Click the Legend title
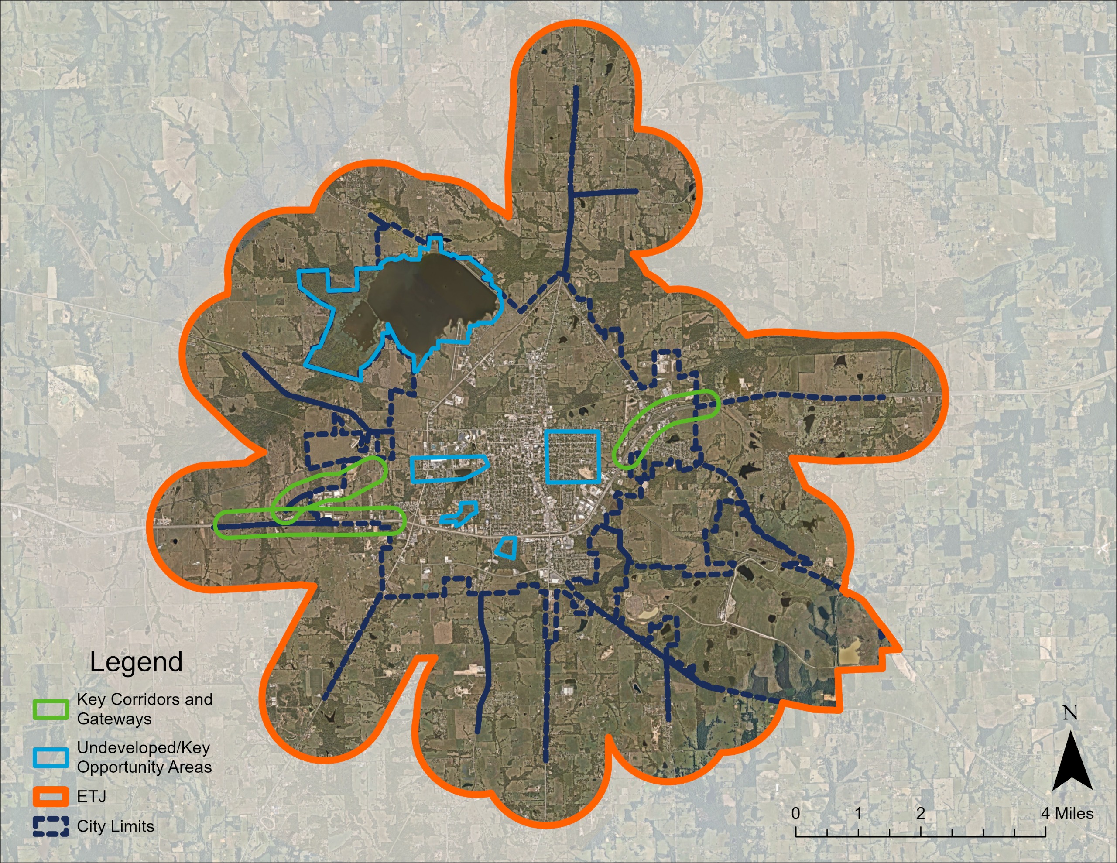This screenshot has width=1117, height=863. coord(136,662)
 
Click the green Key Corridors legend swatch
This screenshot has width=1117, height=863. coord(51,709)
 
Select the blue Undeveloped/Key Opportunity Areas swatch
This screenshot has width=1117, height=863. coord(51,757)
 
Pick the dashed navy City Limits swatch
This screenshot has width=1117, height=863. coord(51,826)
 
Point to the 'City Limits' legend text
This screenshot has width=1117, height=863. coord(116,826)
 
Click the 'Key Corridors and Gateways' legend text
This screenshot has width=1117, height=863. coord(144,709)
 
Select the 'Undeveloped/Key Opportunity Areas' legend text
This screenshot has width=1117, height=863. coord(144,757)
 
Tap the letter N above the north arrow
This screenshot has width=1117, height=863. coord(1070,712)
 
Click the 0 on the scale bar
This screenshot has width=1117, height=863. coord(795,813)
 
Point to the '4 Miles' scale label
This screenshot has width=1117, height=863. coord(1068,813)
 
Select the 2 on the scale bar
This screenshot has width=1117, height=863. coord(920,813)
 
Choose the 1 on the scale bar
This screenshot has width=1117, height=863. coord(858,813)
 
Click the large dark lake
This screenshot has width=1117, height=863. coord(430,302)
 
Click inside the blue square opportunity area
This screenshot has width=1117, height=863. coord(572,457)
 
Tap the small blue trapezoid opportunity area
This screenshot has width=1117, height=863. coord(506,548)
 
